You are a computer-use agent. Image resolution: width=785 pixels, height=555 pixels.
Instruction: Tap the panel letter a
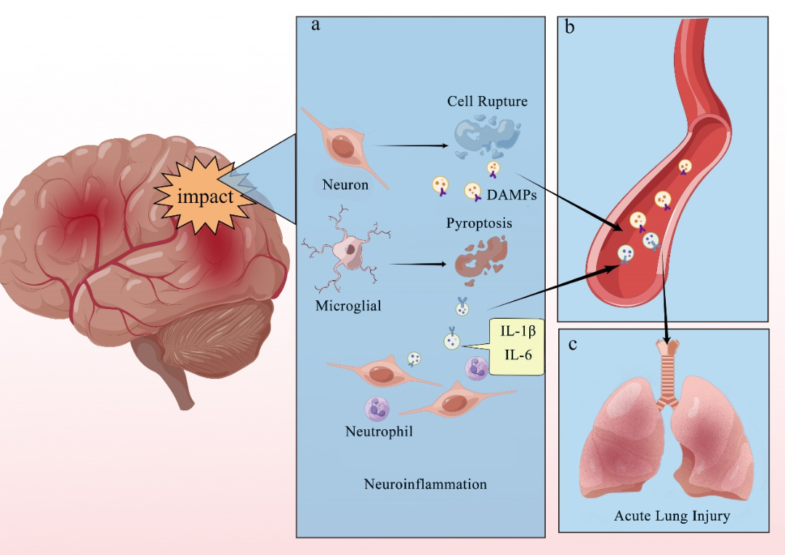[315, 25]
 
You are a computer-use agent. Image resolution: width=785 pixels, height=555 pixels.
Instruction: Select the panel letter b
[570, 28]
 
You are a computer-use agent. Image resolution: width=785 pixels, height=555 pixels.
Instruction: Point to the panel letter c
[573, 343]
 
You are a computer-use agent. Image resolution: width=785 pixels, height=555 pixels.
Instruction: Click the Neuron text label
[345, 185]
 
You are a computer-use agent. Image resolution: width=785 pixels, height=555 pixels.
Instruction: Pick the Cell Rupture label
[487, 101]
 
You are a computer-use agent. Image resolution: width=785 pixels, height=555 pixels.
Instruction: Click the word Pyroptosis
[479, 223]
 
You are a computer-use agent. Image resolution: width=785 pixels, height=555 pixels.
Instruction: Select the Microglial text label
[348, 306]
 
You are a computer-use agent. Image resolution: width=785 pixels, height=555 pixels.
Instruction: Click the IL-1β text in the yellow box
[518, 332]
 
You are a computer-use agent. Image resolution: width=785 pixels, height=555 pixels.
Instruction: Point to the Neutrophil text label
[379, 432]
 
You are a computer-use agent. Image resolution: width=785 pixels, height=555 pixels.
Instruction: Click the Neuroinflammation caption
[425, 484]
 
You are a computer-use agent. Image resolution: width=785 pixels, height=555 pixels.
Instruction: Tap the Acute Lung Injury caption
[672, 516]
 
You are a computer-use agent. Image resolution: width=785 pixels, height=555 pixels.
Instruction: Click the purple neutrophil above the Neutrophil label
[378, 409]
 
